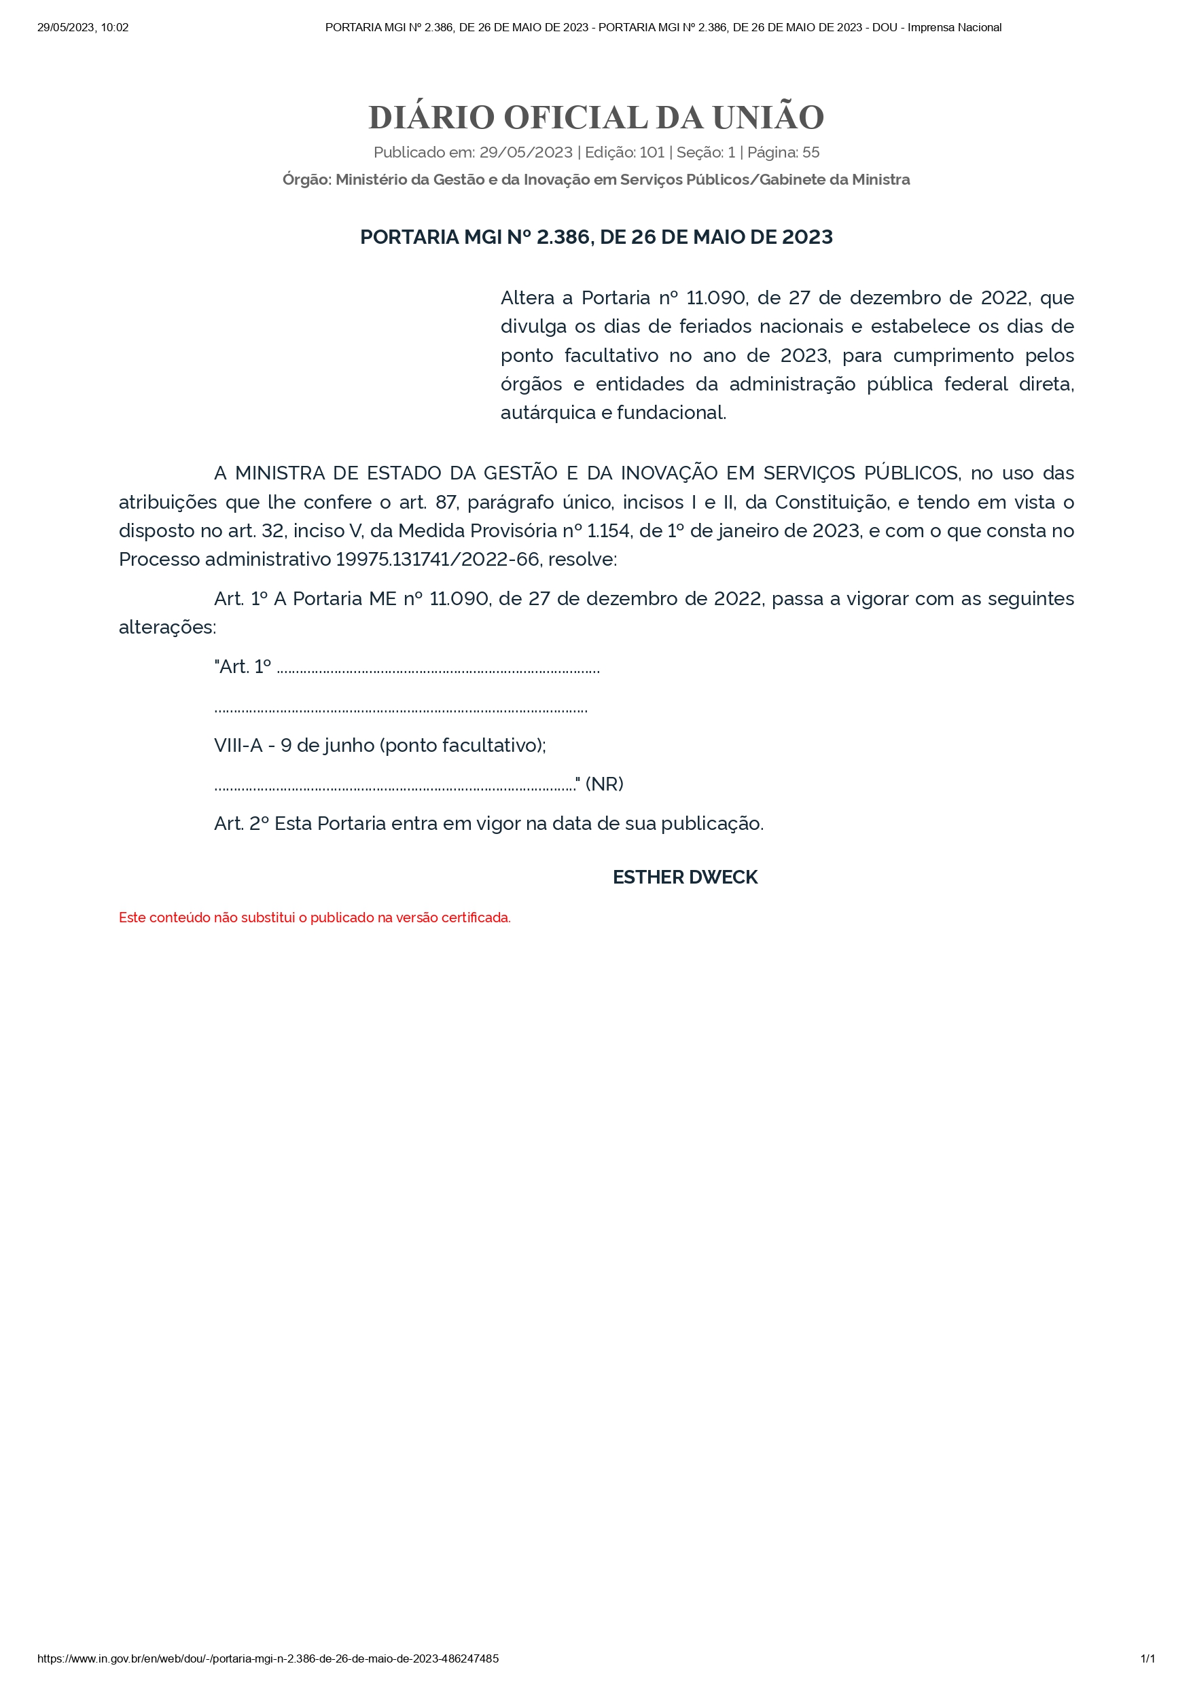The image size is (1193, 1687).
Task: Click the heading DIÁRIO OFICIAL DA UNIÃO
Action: click(x=596, y=117)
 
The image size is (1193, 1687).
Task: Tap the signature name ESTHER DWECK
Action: click(x=685, y=877)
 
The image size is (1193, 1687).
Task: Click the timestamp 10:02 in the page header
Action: click(x=115, y=28)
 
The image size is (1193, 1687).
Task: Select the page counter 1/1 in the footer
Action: click(x=1147, y=1658)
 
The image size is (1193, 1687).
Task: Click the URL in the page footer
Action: click(x=268, y=1658)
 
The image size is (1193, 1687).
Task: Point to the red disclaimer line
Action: click(x=315, y=918)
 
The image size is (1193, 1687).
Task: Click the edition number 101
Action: click(x=652, y=153)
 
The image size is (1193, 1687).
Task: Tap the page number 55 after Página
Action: click(x=811, y=153)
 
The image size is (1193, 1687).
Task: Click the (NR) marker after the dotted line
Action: click(x=604, y=784)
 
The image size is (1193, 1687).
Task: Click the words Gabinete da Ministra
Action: click(x=834, y=180)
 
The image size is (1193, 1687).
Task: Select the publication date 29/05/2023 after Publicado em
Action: click(x=526, y=153)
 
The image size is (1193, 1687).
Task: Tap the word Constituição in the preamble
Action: click(x=832, y=503)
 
